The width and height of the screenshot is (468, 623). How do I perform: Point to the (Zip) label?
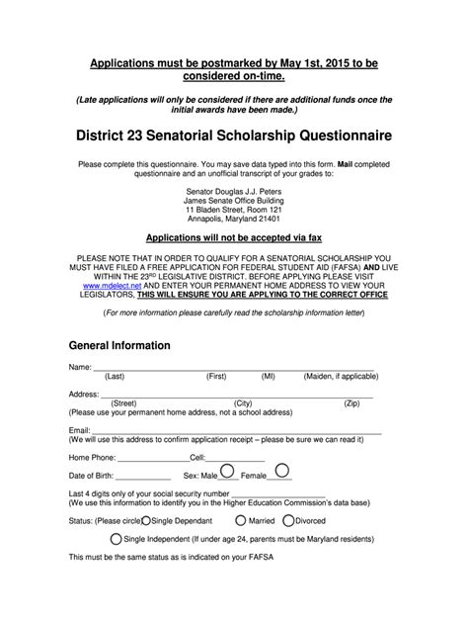click(x=351, y=403)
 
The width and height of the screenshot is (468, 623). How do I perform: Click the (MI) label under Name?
click(x=269, y=377)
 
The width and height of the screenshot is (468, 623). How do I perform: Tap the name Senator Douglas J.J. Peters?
click(x=233, y=190)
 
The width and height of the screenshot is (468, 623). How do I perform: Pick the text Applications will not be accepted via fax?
click(x=233, y=238)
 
